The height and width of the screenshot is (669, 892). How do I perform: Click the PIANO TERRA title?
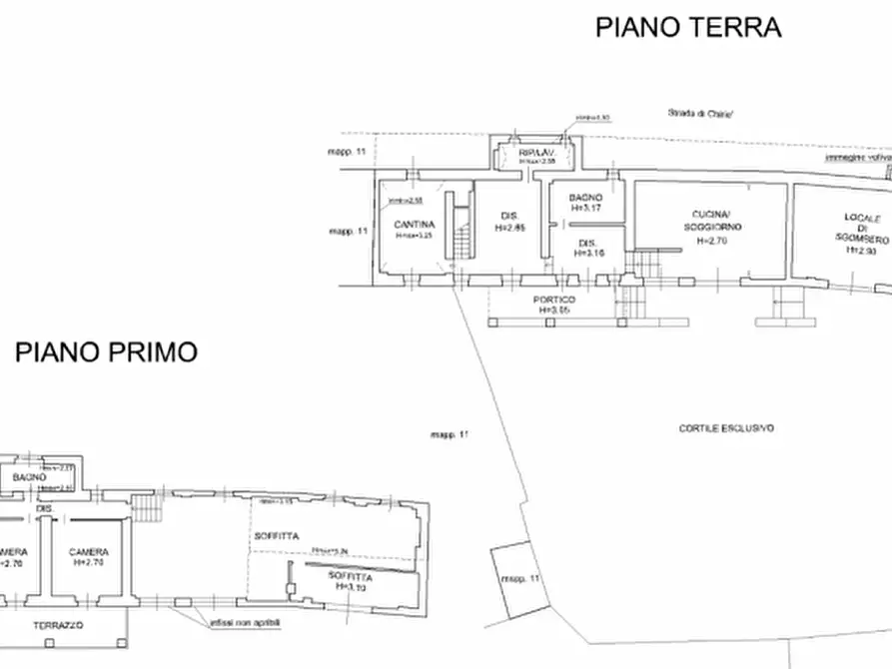(x=687, y=27)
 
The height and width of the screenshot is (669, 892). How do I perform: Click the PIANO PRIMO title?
(x=105, y=351)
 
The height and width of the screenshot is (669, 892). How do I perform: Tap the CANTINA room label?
(x=414, y=224)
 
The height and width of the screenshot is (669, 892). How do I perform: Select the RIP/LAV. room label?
(x=535, y=152)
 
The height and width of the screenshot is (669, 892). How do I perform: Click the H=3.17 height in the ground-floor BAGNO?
(x=585, y=210)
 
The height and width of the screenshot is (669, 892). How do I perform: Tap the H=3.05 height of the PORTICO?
(x=553, y=311)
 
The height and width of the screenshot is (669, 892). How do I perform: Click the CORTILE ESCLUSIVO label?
(x=726, y=428)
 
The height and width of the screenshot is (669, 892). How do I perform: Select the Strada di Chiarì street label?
(x=701, y=114)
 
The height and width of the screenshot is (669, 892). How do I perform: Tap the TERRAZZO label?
(x=57, y=625)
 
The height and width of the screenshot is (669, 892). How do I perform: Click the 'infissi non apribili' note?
(x=246, y=622)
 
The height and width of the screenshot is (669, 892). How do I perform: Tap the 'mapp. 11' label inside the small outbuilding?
(x=520, y=579)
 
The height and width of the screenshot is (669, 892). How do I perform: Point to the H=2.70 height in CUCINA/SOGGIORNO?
(x=714, y=241)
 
